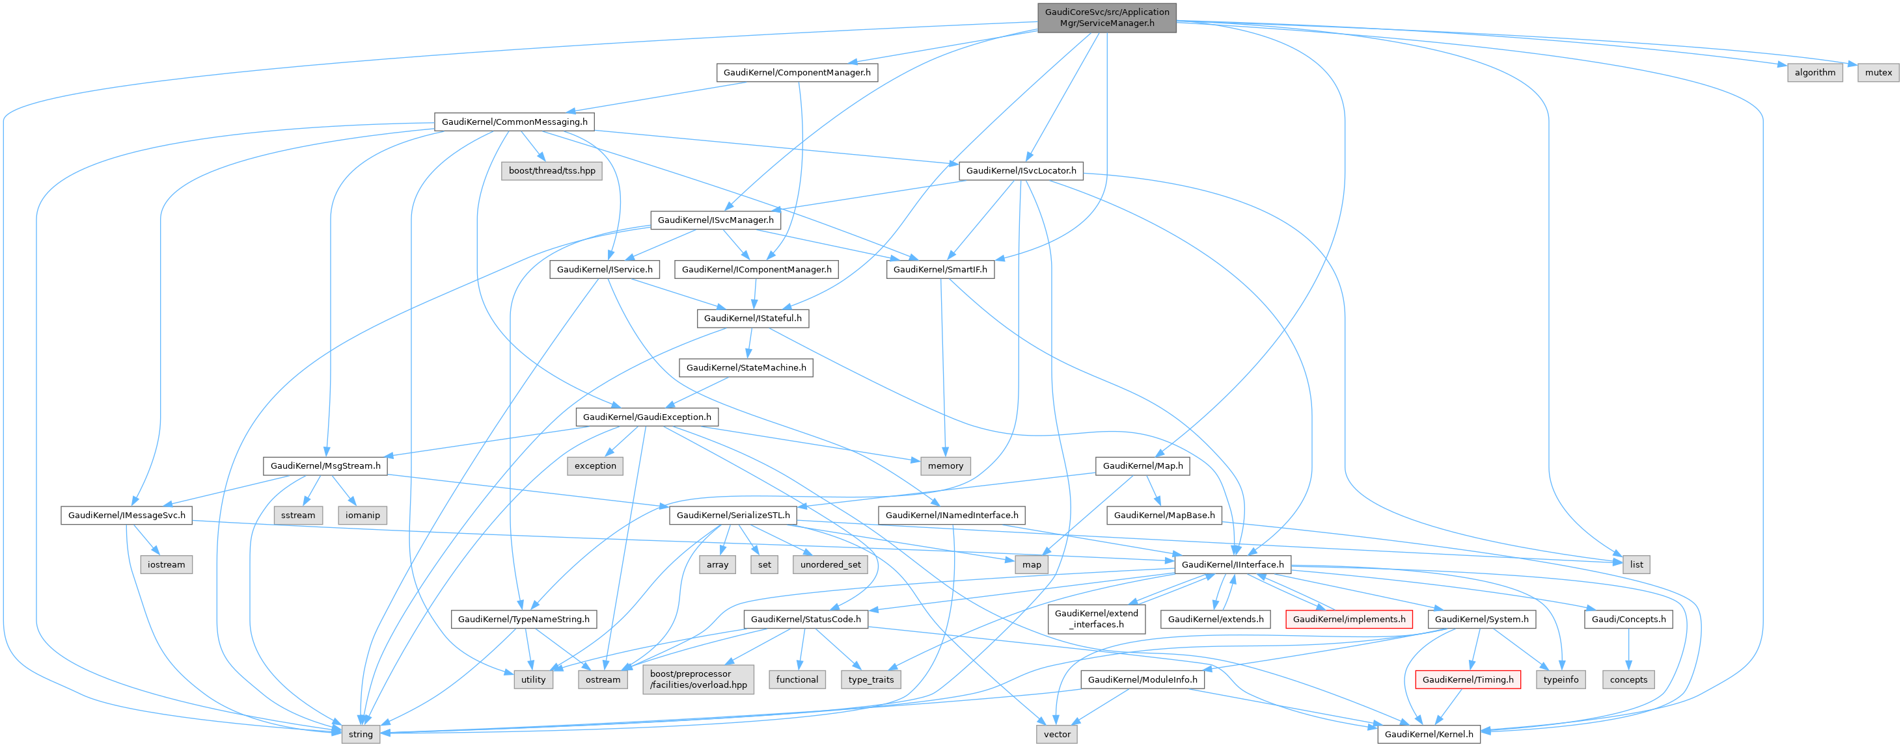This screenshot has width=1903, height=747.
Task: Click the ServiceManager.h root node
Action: coord(1106,18)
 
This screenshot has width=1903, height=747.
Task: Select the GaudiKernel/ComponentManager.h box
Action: coord(797,72)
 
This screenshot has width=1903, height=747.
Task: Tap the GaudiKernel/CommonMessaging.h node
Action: coord(514,122)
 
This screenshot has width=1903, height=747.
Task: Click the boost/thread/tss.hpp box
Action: coord(551,170)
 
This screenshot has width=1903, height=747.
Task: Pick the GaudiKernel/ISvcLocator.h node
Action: coord(1021,170)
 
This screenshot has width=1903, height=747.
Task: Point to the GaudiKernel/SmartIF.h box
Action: coord(940,269)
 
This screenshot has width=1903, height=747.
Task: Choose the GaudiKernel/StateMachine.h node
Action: coord(746,367)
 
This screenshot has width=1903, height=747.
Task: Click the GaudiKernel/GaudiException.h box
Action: coord(646,417)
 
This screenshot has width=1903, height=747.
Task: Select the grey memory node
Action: coord(945,465)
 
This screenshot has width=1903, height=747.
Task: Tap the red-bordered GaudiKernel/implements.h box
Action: coord(1349,620)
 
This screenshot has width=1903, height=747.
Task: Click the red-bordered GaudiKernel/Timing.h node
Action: coord(1467,680)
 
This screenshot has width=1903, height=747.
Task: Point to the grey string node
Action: coord(361,735)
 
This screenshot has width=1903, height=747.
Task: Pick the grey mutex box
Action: coord(1878,72)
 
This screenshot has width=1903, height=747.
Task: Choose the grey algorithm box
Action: coord(1814,72)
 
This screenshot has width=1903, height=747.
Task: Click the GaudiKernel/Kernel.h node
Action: coord(1428,735)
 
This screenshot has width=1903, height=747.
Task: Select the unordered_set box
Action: coord(830,565)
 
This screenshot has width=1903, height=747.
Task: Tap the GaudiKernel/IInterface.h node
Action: coord(1232,565)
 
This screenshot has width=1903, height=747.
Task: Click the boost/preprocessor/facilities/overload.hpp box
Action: coord(698,679)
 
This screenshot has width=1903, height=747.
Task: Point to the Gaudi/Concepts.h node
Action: coord(1628,620)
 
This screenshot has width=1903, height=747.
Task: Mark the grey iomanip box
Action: coord(362,515)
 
